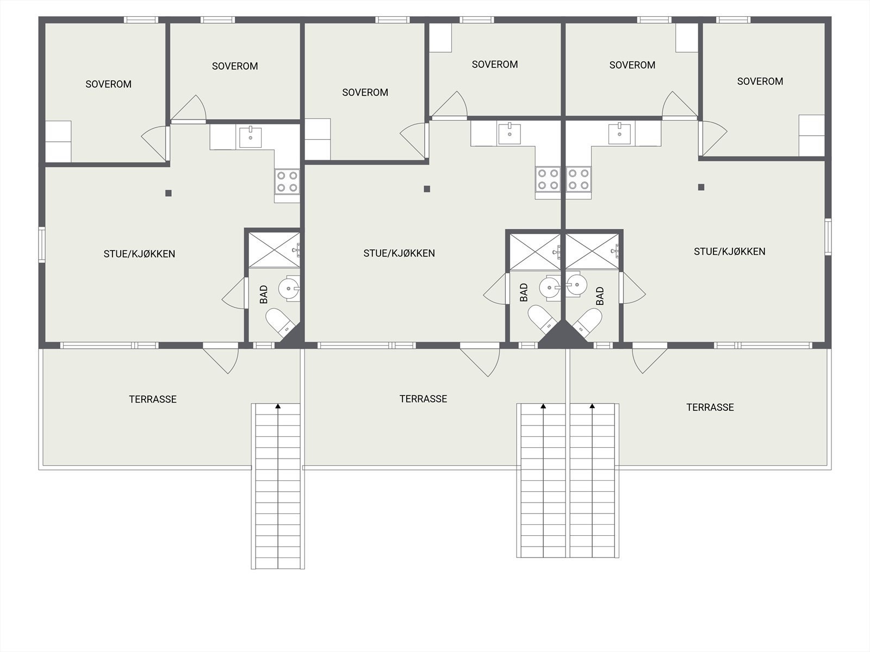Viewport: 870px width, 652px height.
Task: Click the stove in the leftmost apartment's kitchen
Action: click(287, 181)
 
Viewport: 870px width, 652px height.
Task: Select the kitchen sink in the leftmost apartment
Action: click(250, 137)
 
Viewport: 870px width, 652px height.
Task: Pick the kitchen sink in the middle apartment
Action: click(509, 134)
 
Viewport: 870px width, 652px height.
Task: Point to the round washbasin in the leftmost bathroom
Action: click(289, 287)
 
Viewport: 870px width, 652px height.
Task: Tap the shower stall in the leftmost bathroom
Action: click(274, 249)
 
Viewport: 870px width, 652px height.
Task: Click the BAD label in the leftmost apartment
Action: click(264, 295)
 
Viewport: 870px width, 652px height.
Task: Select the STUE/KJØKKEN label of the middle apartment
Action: click(399, 253)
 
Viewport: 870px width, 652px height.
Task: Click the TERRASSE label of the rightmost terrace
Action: click(710, 407)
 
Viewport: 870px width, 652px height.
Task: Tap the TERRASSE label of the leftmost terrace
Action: click(153, 399)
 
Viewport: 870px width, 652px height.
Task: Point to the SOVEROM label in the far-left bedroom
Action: click(108, 84)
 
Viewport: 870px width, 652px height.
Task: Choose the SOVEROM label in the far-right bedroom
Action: click(760, 81)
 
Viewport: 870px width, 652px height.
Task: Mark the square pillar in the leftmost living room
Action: click(169, 193)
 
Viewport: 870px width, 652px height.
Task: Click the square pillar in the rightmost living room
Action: click(701, 187)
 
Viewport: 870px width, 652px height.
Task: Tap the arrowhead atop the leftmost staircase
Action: click(278, 406)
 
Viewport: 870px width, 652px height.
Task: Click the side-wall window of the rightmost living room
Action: click(828, 236)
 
